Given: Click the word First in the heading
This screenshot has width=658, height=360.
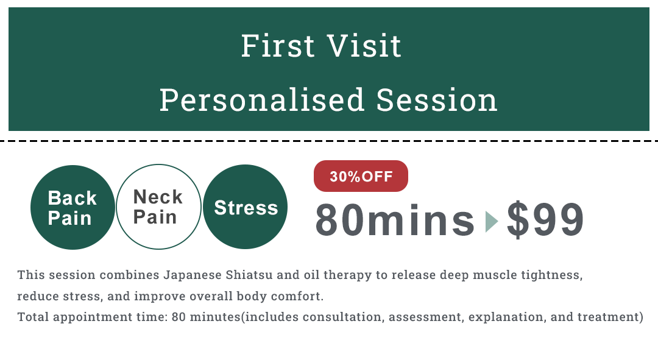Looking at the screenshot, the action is click(x=277, y=46).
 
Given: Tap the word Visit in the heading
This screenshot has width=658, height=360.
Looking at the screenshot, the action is click(x=364, y=46).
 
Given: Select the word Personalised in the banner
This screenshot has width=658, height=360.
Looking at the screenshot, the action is click(x=262, y=101).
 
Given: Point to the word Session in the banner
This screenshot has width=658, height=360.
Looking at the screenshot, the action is click(x=436, y=101).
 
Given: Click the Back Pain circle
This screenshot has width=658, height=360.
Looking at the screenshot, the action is click(x=73, y=207).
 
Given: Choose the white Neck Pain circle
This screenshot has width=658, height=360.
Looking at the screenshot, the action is click(x=158, y=206).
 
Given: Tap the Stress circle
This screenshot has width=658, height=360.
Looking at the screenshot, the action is click(x=245, y=207).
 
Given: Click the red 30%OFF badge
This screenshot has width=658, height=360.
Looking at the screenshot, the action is click(x=361, y=176).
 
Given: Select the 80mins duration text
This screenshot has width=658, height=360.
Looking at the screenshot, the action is click(x=395, y=220).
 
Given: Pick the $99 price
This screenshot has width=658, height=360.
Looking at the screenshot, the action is click(x=545, y=220).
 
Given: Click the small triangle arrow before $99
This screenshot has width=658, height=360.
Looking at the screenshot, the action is click(x=491, y=221).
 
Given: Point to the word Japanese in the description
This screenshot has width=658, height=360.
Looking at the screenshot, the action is click(x=193, y=275).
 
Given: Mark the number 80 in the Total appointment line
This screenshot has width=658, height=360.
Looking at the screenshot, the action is click(x=179, y=317).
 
